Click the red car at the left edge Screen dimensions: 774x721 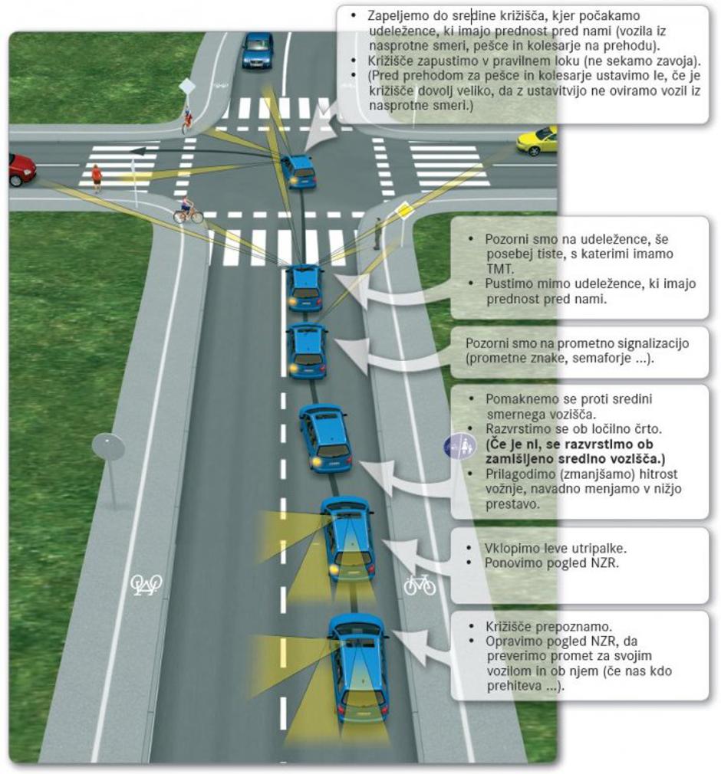click(x=21, y=169)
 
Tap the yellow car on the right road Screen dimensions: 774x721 click(x=537, y=139)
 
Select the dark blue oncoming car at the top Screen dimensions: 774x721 click(x=257, y=50)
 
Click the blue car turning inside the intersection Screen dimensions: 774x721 click(x=298, y=171)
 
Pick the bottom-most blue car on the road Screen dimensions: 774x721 click(x=359, y=667)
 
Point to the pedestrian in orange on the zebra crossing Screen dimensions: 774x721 click(x=97, y=178)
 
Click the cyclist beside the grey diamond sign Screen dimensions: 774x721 click(x=187, y=120)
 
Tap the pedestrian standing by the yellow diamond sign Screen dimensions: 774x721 click(x=377, y=234)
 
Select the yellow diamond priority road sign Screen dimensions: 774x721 click(x=403, y=210)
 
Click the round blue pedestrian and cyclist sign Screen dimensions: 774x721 click(x=459, y=447)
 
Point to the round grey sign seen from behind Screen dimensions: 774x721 click(x=108, y=447)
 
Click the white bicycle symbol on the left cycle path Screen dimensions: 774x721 click(x=146, y=585)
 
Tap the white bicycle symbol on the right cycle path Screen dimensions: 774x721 click(x=420, y=585)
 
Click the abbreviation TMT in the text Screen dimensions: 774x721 click(x=499, y=268)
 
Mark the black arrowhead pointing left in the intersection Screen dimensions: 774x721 click(x=138, y=151)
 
